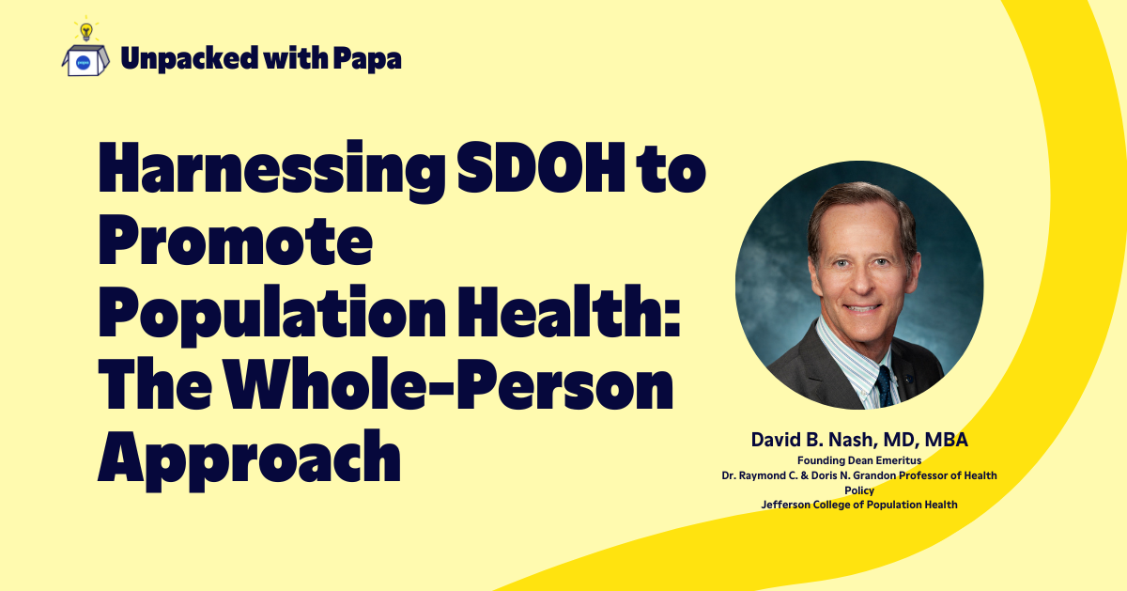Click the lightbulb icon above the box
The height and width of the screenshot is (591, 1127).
[x=86, y=30]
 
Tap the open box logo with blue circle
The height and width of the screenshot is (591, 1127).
[x=85, y=60]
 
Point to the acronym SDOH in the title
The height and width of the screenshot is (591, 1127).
[x=541, y=167]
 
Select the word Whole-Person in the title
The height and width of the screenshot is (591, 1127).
[x=448, y=383]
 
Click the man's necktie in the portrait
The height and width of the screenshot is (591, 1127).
[x=885, y=386]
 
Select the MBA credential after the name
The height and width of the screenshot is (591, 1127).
[x=946, y=440]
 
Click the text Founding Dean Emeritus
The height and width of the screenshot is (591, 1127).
[x=859, y=460]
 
